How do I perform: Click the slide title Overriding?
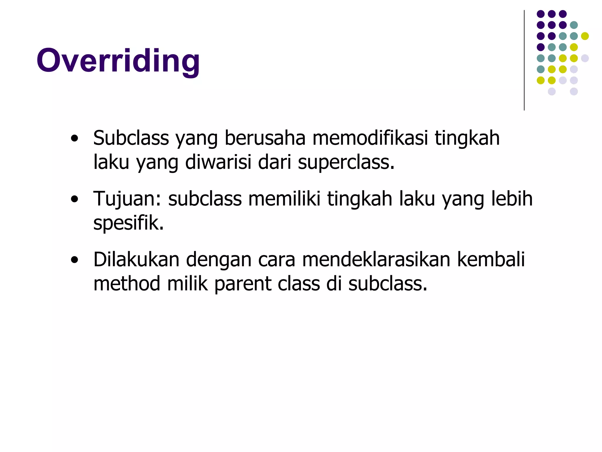point(118,61)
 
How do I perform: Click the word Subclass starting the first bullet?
point(131,138)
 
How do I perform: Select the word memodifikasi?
point(370,138)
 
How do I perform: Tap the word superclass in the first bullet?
point(346,162)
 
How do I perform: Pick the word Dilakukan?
point(136,260)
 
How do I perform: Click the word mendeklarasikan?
point(376,260)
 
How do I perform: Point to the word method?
point(127,284)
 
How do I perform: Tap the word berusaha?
point(265,138)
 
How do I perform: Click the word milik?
point(187,284)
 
